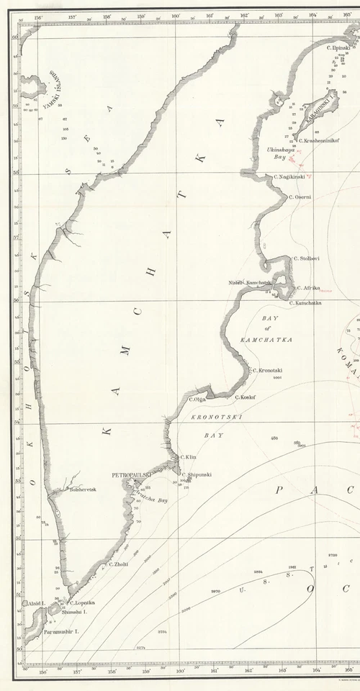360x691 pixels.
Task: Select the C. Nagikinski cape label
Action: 292,176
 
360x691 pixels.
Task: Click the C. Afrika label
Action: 308,287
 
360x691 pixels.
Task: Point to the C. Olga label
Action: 198,399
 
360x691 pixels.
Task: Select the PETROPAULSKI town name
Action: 131,476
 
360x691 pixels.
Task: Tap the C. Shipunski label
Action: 197,474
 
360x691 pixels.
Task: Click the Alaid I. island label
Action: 36,602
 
